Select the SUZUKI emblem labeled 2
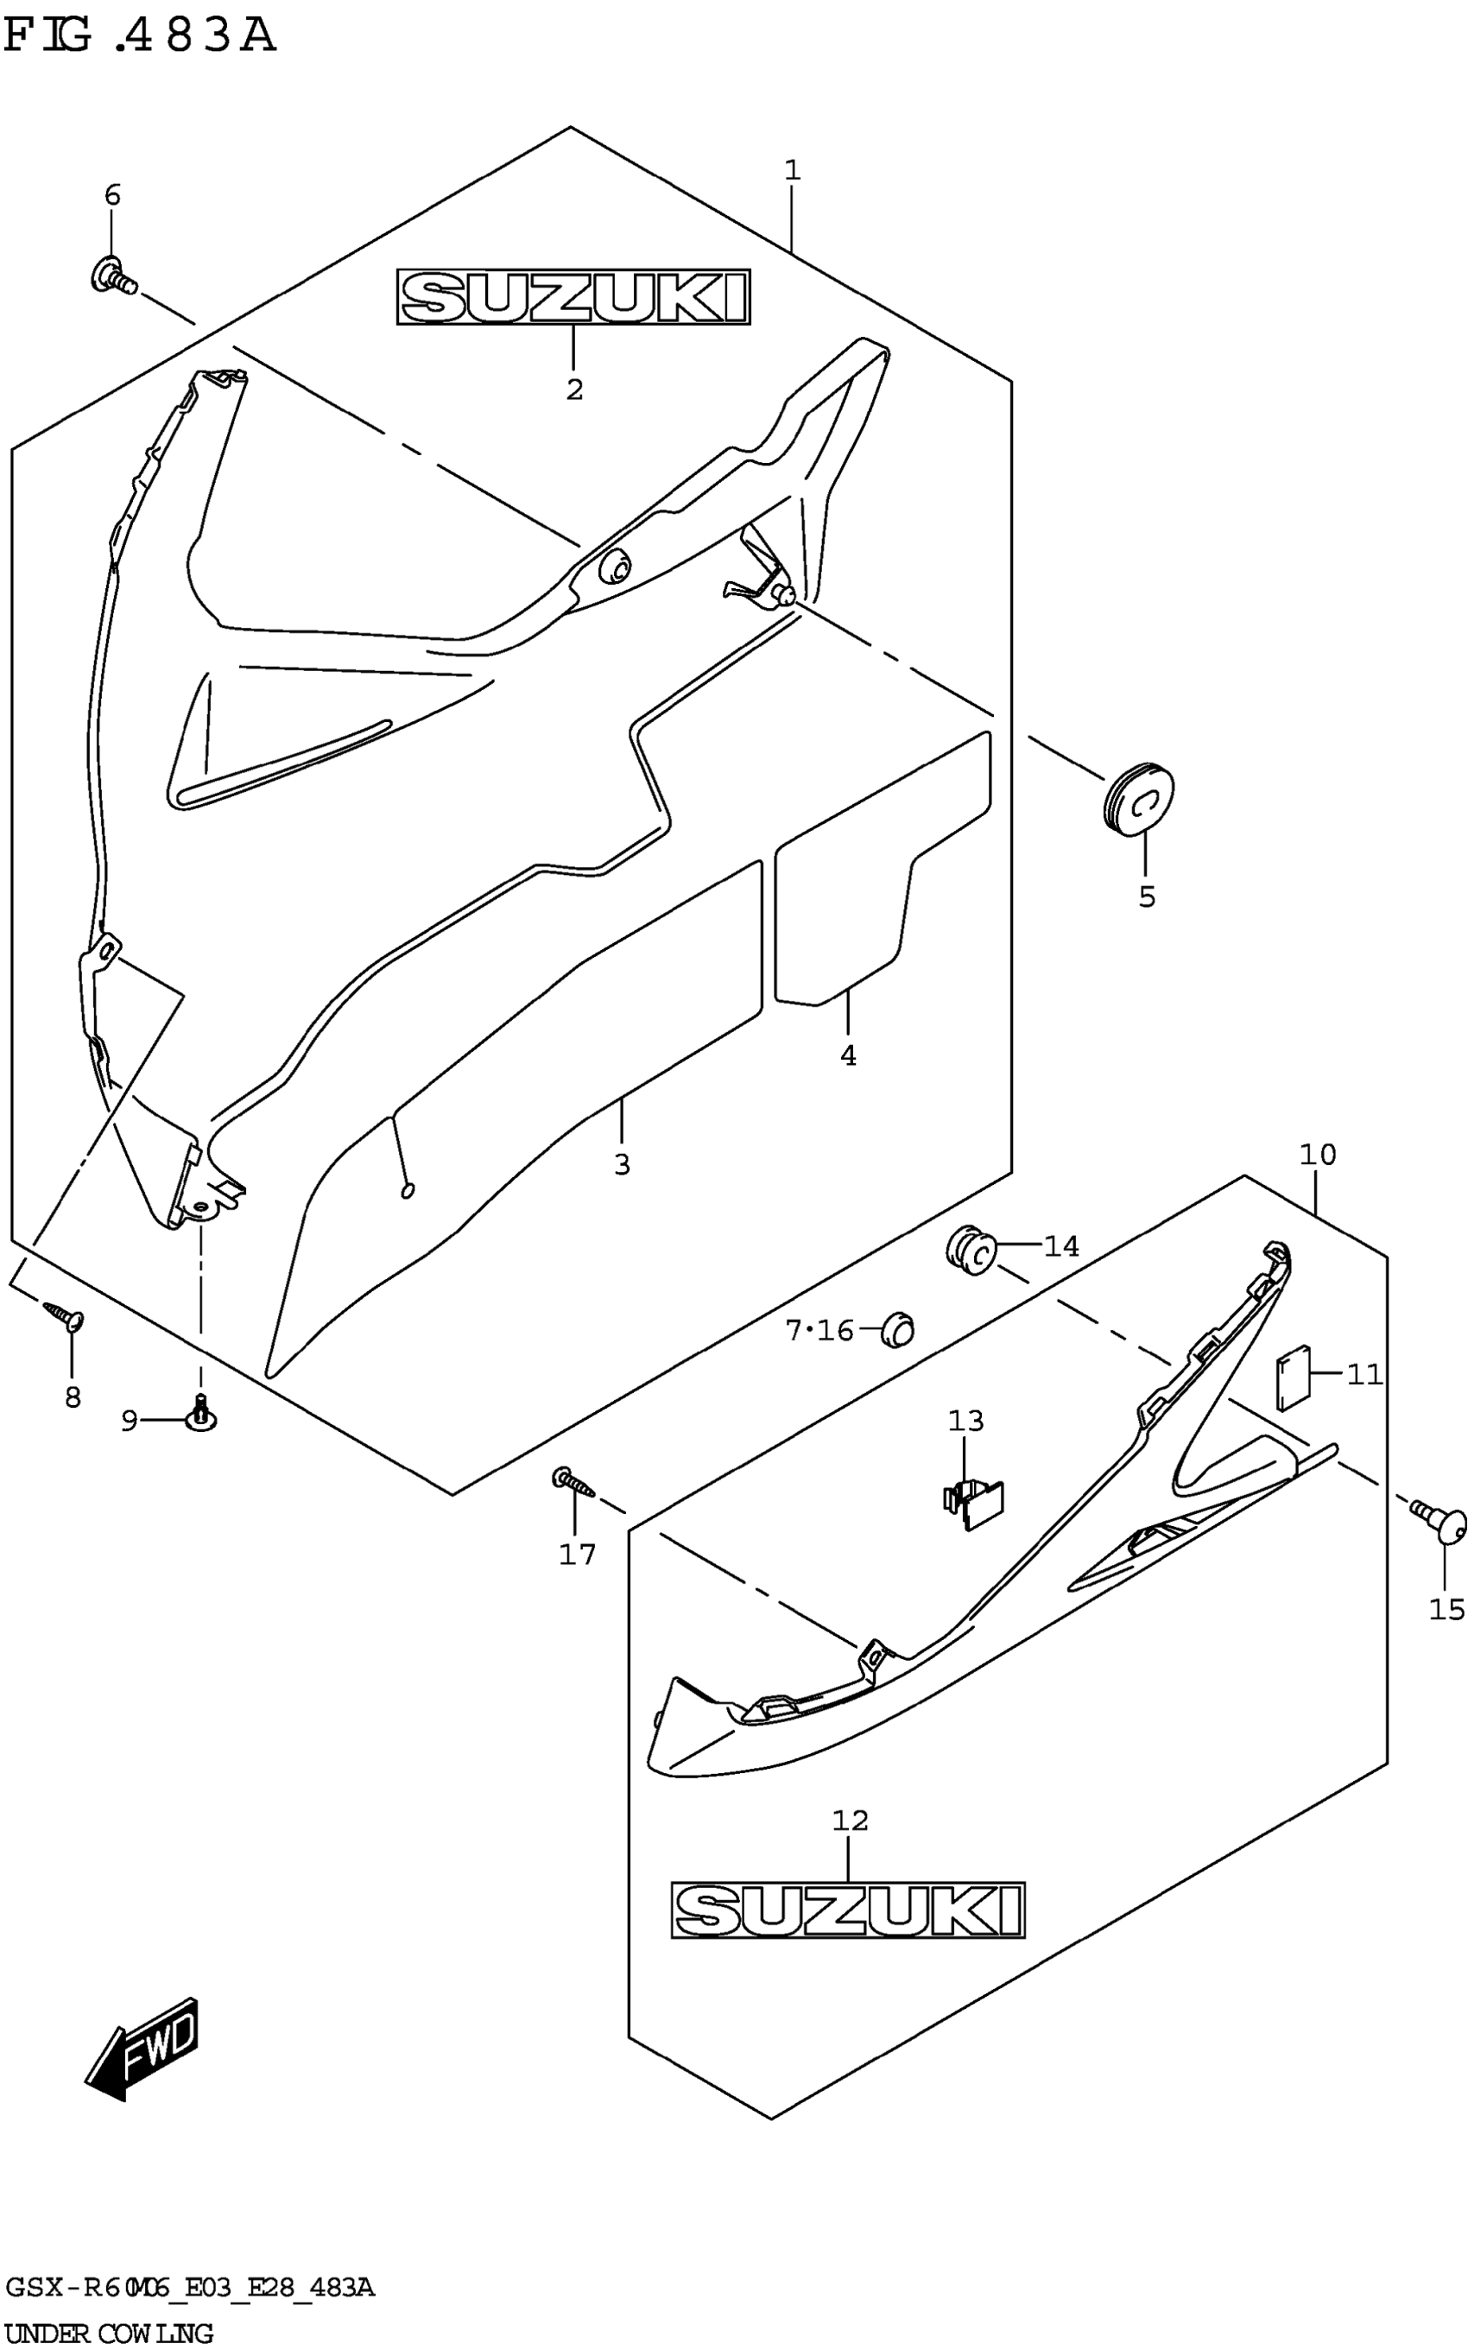(573, 297)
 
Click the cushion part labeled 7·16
(897, 1328)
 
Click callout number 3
(623, 1163)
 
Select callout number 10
(1318, 1155)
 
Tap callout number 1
(792, 171)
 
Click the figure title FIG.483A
(141, 36)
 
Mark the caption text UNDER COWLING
(109, 2333)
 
